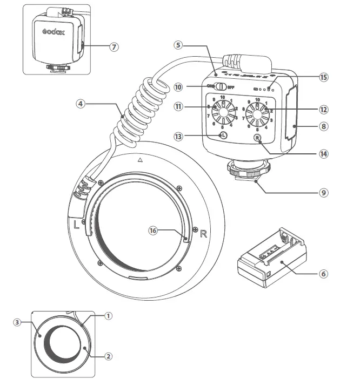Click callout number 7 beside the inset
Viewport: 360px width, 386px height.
pos(114,47)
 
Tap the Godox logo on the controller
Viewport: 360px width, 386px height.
pos(54,32)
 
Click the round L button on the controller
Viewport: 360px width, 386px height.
pos(223,136)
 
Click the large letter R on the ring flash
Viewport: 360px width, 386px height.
pos(203,234)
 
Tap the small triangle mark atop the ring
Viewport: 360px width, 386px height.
pos(140,160)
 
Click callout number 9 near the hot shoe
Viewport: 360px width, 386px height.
pos(324,191)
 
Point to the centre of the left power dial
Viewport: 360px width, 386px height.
pos(222,110)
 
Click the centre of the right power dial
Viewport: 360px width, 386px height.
pos(258,111)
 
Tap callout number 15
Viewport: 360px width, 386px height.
pos(323,77)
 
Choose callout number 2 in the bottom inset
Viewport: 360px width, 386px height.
pos(108,356)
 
